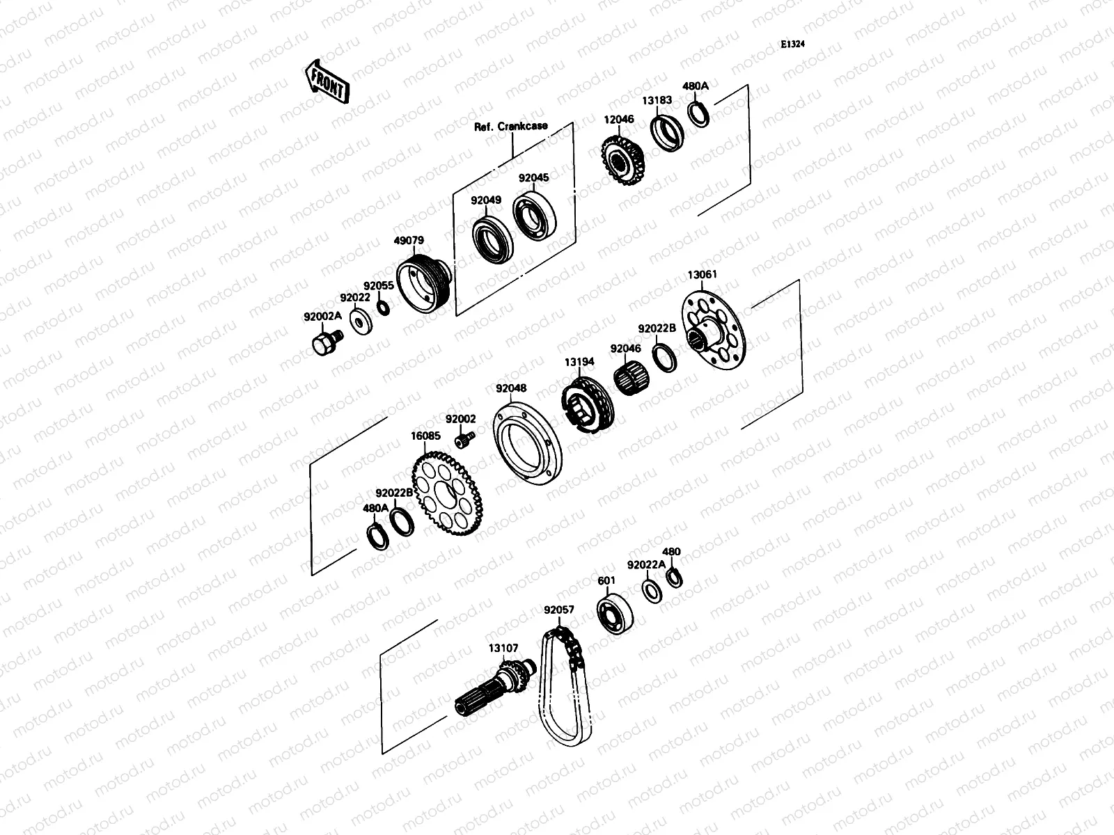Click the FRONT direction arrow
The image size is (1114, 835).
click(327, 82)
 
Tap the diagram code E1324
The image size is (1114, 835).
click(792, 44)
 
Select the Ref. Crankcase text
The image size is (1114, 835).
click(510, 126)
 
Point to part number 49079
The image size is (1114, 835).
click(409, 240)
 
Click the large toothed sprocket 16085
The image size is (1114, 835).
click(447, 493)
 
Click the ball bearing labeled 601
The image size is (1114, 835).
click(615, 614)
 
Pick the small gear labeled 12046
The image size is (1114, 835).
click(622, 160)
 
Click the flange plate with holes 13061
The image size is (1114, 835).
click(714, 330)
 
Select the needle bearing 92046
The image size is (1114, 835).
click(631, 377)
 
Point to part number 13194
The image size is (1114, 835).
click(579, 362)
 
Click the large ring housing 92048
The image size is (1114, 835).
click(527, 444)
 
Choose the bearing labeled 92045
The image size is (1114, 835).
click(534, 216)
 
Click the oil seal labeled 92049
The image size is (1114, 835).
click(492, 240)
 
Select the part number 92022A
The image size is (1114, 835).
click(645, 565)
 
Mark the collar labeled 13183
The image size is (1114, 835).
click(667, 134)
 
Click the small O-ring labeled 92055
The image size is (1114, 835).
click(384, 308)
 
